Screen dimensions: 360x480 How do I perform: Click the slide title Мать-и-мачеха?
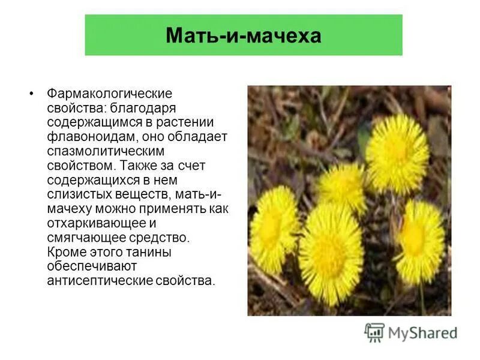(x=244, y=35)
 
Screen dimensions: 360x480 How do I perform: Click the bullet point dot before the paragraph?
(x=31, y=94)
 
